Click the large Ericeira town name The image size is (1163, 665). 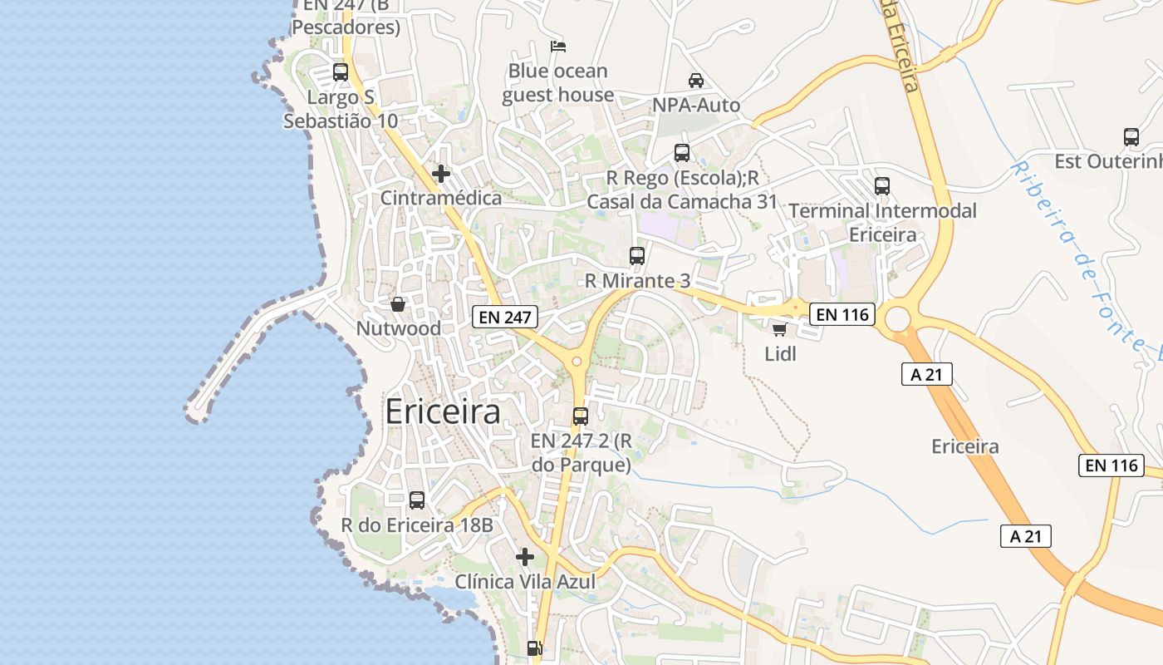[443, 412]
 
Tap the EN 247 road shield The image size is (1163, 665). [505, 317]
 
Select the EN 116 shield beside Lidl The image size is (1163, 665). [842, 314]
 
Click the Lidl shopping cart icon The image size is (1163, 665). [779, 329]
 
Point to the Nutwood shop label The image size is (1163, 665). [399, 328]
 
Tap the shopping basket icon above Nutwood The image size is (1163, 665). [398, 304]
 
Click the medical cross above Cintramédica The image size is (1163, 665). [441, 174]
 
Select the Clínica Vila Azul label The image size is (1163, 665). [525, 582]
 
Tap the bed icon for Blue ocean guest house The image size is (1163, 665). [558, 47]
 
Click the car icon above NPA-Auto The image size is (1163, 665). [696, 81]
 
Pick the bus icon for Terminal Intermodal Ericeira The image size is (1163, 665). [882, 186]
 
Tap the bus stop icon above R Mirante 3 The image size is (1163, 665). [637, 256]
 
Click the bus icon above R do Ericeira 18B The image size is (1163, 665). [417, 500]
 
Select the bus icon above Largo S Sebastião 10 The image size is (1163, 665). [341, 72]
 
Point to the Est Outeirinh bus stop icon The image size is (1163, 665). [1131, 137]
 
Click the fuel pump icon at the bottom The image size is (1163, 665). [535, 648]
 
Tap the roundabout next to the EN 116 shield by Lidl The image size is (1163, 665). [897, 318]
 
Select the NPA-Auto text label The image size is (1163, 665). [696, 106]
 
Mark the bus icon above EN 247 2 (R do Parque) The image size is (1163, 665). [581, 416]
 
